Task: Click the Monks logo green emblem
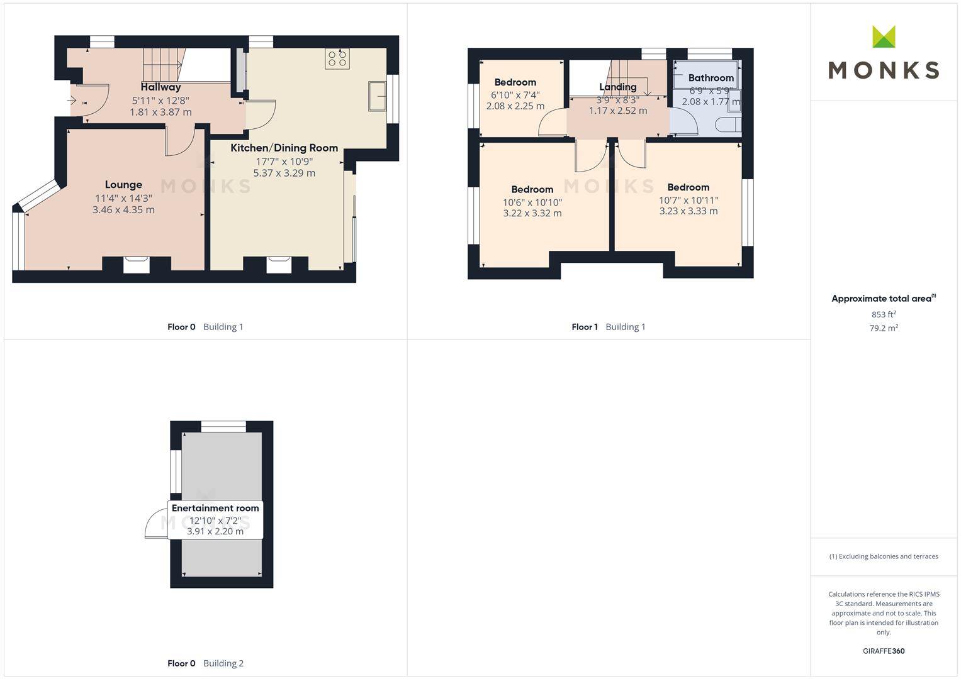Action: pyautogui.click(x=884, y=36)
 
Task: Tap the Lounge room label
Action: pyautogui.click(x=123, y=185)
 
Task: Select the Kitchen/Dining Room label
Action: pyautogui.click(x=284, y=148)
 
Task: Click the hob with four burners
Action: pyautogui.click(x=337, y=58)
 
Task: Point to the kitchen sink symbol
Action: pyautogui.click(x=377, y=96)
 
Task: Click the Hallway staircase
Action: pyautogui.click(x=164, y=64)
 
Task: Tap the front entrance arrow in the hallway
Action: pyautogui.click(x=72, y=101)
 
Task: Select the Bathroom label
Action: pyautogui.click(x=711, y=78)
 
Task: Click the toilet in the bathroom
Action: pyautogui.click(x=728, y=124)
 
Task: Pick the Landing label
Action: pyautogui.click(x=618, y=87)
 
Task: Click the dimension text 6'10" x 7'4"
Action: pyautogui.click(x=515, y=95)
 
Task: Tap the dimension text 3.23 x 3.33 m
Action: pyautogui.click(x=688, y=211)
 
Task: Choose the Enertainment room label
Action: pyautogui.click(x=215, y=508)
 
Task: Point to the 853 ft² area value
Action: pyautogui.click(x=884, y=314)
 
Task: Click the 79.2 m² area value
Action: pyautogui.click(x=884, y=328)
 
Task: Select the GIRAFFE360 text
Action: pyautogui.click(x=884, y=651)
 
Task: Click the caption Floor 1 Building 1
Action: pyautogui.click(x=609, y=327)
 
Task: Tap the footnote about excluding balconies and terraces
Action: pyautogui.click(x=884, y=556)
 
